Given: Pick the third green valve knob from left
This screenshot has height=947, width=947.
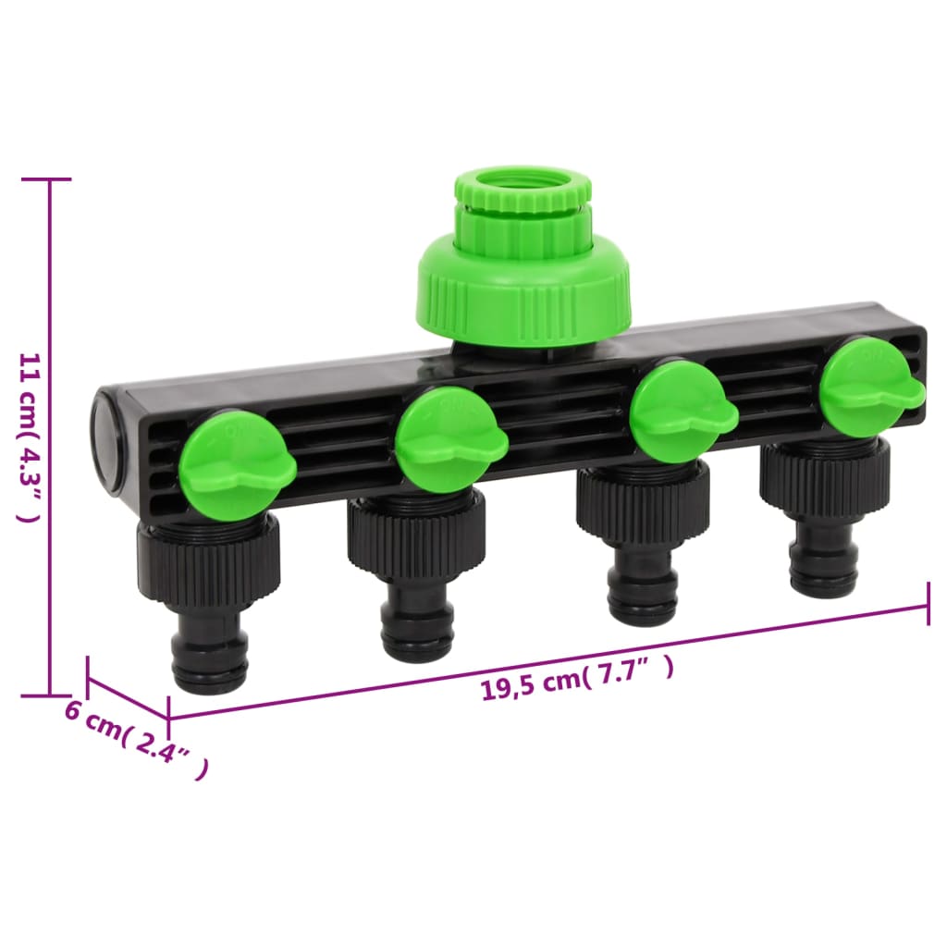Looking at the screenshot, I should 683,412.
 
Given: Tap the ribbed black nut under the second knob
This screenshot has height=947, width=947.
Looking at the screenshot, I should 416,536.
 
